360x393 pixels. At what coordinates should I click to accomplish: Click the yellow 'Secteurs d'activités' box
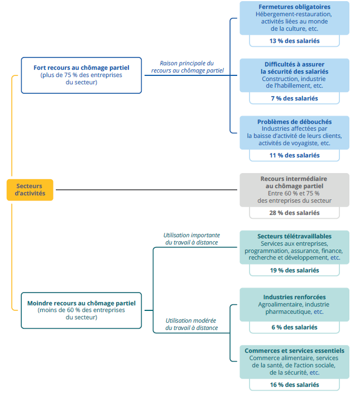pos(30,190)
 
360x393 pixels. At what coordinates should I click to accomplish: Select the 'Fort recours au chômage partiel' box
pos(81,75)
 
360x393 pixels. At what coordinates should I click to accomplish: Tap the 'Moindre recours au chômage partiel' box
pos(81,310)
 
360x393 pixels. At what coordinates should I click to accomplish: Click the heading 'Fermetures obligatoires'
pos(294,7)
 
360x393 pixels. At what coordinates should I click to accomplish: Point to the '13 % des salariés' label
pos(294,41)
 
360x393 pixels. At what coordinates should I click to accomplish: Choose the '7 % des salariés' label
pos(294,98)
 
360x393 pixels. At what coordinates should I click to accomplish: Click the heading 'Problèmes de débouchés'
pos(294,122)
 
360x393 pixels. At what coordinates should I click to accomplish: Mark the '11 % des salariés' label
pos(294,155)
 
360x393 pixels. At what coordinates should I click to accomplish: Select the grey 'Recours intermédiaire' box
pos(294,190)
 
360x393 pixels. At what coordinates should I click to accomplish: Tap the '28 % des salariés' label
pos(294,213)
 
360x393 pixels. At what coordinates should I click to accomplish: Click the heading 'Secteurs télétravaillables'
pos(294,236)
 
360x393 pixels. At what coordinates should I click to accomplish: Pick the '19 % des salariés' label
pos(294,270)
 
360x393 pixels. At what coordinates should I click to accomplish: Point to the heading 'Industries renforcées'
pos(294,297)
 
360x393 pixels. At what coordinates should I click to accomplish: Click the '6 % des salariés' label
pos(294,327)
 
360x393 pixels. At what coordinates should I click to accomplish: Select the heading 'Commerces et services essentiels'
pos(294,351)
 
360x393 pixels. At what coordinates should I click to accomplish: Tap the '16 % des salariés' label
pos(294,385)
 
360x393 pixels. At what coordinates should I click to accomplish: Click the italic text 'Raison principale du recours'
pos(188,67)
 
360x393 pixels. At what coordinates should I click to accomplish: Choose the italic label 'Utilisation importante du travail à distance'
pos(191,239)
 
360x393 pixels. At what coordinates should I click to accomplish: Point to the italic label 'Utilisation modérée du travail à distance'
pos(191,324)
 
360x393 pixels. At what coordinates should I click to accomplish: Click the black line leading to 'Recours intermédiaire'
pos(146,190)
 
